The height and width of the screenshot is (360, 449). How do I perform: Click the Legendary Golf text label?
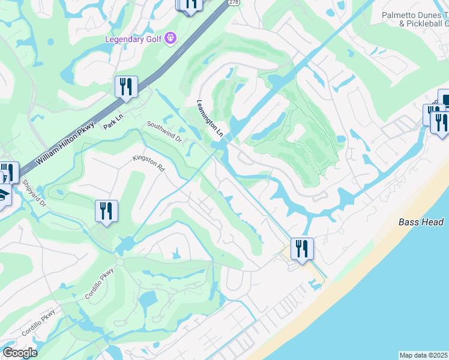pos(135,39)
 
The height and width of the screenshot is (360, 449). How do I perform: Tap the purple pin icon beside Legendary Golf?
pos(171,38)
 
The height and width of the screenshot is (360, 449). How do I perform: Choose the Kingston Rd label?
pos(149,164)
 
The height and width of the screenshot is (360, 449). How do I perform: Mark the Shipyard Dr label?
pos(34,193)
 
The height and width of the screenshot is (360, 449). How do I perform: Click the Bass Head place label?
pos(421,222)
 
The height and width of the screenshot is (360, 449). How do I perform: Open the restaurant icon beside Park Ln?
pos(126,87)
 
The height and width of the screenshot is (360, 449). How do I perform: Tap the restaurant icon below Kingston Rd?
pos(106,211)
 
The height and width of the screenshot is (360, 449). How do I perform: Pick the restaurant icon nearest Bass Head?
pos(301,248)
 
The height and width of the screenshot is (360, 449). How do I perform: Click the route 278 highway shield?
pos(234,3)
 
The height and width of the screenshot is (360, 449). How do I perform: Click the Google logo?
pos(19,353)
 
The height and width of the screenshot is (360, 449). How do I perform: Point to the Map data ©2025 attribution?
pos(424,355)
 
